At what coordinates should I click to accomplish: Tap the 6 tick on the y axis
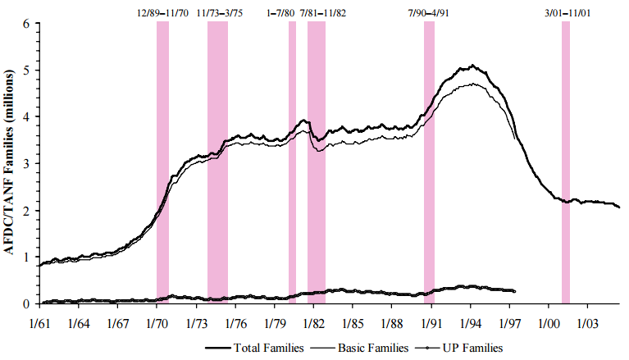26,24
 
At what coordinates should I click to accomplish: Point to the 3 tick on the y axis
26,164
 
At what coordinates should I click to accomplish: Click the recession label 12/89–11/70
163,12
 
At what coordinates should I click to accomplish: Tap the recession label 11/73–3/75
218,12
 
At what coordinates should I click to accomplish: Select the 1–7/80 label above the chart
280,12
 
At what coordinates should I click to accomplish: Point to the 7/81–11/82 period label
323,12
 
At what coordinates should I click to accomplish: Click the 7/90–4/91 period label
428,12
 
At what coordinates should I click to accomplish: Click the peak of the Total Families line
472,66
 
